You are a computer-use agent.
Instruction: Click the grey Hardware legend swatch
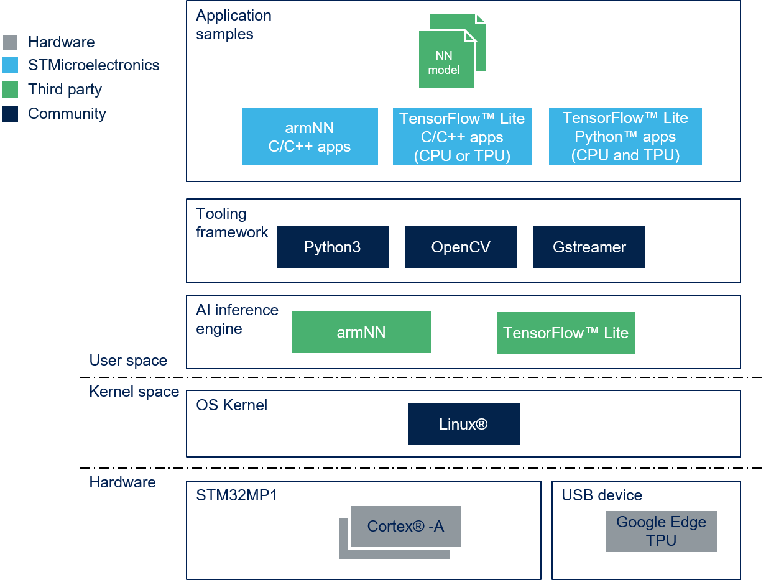tap(10, 42)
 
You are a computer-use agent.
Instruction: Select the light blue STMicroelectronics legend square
tap(10, 65)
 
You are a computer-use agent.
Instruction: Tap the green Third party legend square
tap(10, 90)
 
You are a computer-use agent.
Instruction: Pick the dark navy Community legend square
tap(10, 114)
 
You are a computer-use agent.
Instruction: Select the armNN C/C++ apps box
tap(310, 137)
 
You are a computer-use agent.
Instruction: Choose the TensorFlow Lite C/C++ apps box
tap(462, 137)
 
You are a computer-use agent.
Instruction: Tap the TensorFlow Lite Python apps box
tap(625, 136)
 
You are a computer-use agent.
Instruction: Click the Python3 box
tap(332, 247)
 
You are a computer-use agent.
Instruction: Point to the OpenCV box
tap(461, 247)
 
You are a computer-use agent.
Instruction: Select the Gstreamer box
tap(589, 247)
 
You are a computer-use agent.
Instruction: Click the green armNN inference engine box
tap(361, 332)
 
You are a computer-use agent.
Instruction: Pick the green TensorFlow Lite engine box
tap(566, 333)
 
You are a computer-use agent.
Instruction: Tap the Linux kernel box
tap(463, 424)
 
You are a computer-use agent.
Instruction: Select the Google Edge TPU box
tap(662, 531)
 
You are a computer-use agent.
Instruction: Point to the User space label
tap(128, 361)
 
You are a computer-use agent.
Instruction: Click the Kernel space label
tap(134, 391)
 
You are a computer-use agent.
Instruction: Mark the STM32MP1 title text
tap(237, 495)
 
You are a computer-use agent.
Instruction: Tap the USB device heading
tap(602, 495)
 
